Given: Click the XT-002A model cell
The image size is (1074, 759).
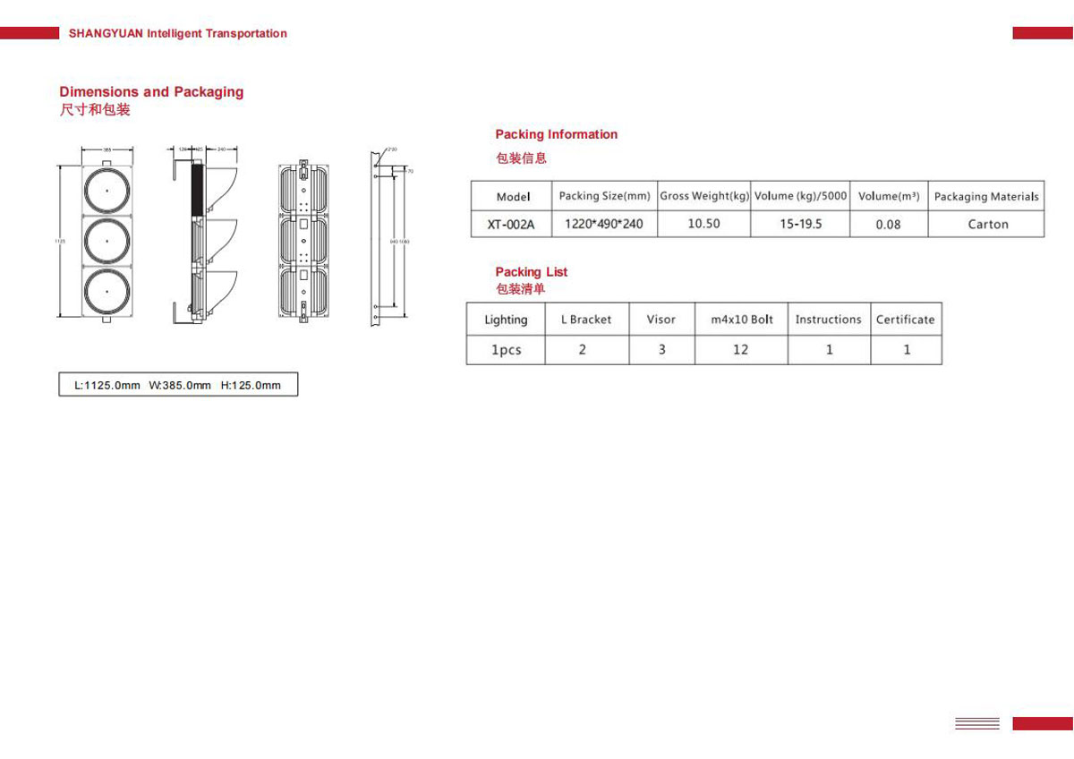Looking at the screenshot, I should tap(511, 225).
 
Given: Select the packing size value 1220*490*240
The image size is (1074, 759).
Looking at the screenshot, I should tap(604, 224).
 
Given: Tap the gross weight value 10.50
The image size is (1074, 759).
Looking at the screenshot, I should tap(703, 224).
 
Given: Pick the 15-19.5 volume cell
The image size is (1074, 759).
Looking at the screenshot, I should tap(800, 224).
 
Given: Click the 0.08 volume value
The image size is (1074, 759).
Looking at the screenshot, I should tap(888, 225).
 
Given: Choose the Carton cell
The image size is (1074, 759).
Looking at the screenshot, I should tap(987, 225).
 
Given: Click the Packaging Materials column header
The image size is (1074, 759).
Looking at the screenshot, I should tap(986, 196).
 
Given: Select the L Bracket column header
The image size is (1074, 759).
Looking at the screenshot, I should tap(586, 320).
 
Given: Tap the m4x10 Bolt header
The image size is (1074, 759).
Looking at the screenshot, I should tap(742, 320).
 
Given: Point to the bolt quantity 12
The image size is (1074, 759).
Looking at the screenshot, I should tap(740, 350).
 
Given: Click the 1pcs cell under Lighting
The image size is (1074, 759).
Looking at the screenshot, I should tap(506, 350).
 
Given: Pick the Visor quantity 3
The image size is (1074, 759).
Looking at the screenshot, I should tap(662, 350).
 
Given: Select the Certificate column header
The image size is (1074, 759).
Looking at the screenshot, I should tap(905, 320).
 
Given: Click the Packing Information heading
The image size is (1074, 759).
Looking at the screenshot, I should tap(556, 134).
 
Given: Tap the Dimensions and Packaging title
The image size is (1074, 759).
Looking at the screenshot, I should tap(151, 92).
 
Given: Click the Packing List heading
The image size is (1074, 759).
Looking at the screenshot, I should tap(532, 272).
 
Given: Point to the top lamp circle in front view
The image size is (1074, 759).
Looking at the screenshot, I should tap(107, 190).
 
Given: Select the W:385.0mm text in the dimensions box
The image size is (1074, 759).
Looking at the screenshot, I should tap(180, 386).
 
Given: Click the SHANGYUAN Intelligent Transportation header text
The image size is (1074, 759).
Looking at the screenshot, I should tap(178, 33).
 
